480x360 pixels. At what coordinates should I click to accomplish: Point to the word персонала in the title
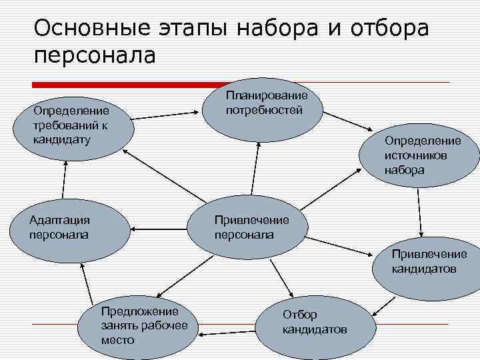94,55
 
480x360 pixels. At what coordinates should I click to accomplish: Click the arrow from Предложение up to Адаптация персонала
87,287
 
